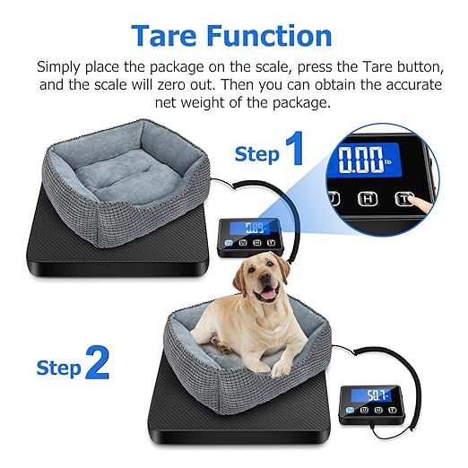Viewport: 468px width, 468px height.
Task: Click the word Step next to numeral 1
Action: click(x=256, y=154)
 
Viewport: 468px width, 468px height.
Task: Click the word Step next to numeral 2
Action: click(x=59, y=367)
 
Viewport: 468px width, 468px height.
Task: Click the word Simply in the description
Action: click(x=60, y=67)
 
